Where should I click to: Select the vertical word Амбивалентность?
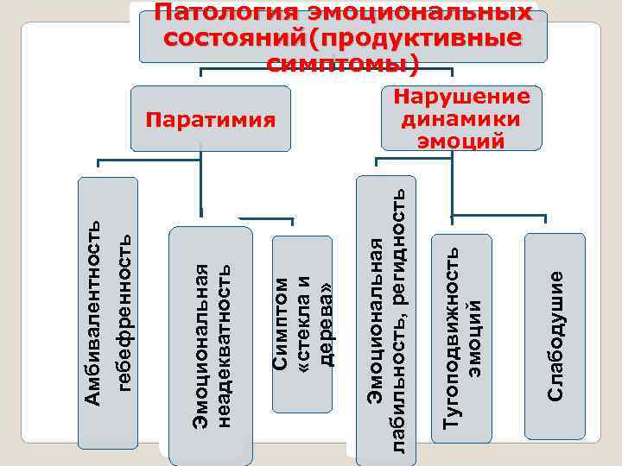click(x=94, y=312)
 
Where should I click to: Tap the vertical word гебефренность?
click(x=124, y=312)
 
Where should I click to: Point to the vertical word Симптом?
click(x=281, y=323)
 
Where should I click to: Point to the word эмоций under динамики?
click(x=461, y=140)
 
